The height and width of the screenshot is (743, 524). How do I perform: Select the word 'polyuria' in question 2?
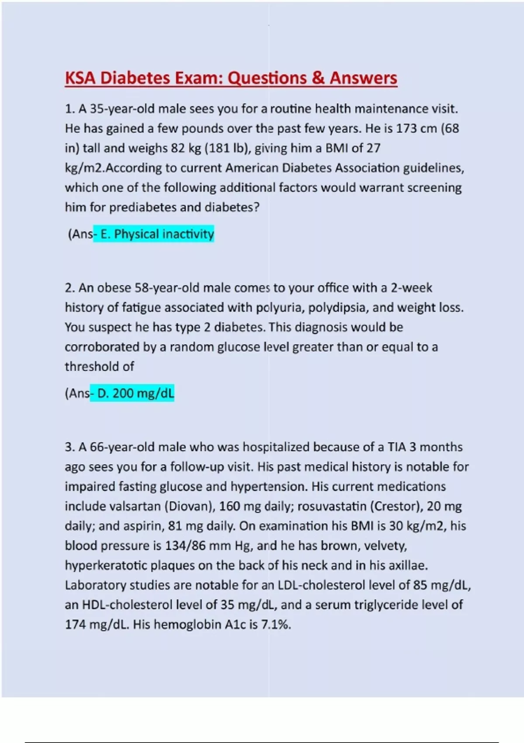[x=279, y=308]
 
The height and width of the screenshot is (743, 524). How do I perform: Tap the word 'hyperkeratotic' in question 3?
[x=106, y=566]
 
